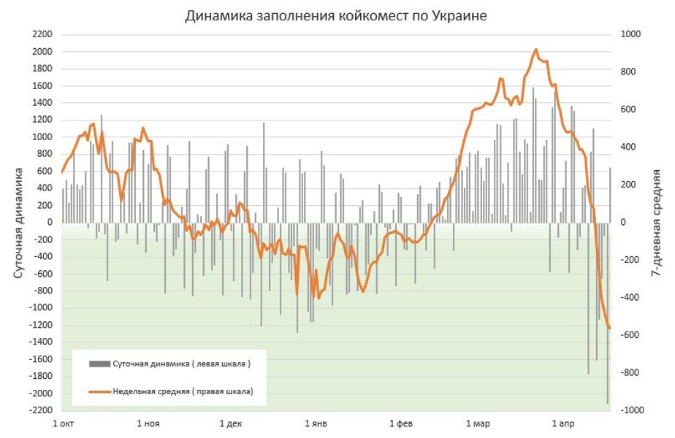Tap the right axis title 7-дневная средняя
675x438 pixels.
(656, 222)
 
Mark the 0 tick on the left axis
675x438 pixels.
(50, 222)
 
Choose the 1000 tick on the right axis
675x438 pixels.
(630, 34)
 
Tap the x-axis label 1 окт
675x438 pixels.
(64, 423)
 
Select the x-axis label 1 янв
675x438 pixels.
(316, 423)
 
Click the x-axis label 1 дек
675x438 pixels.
(230, 423)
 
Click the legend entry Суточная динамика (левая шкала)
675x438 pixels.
(182, 364)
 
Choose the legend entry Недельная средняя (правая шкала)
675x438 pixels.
(183, 391)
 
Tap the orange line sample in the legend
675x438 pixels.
(99, 391)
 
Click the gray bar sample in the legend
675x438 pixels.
(99, 364)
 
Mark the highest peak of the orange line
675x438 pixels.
(535, 50)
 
